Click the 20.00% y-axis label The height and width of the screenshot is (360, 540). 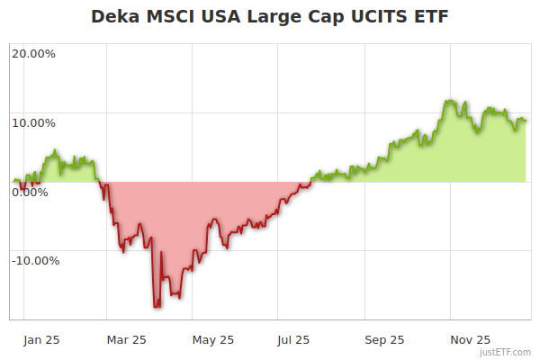click(33, 53)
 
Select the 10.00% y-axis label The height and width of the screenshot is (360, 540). click(33, 122)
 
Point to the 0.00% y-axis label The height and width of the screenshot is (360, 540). click(30, 192)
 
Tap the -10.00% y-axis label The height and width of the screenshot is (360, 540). click(35, 261)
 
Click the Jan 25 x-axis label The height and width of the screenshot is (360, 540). click(41, 339)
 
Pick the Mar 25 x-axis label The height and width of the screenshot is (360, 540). click(127, 339)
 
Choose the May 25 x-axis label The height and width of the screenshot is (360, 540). click(213, 339)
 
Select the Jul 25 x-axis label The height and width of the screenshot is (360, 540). click(293, 339)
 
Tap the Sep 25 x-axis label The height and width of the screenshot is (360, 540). click(384, 339)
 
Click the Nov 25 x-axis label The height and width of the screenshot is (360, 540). click(471, 339)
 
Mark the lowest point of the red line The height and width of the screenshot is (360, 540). click(157, 308)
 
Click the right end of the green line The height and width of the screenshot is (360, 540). click(526, 121)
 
